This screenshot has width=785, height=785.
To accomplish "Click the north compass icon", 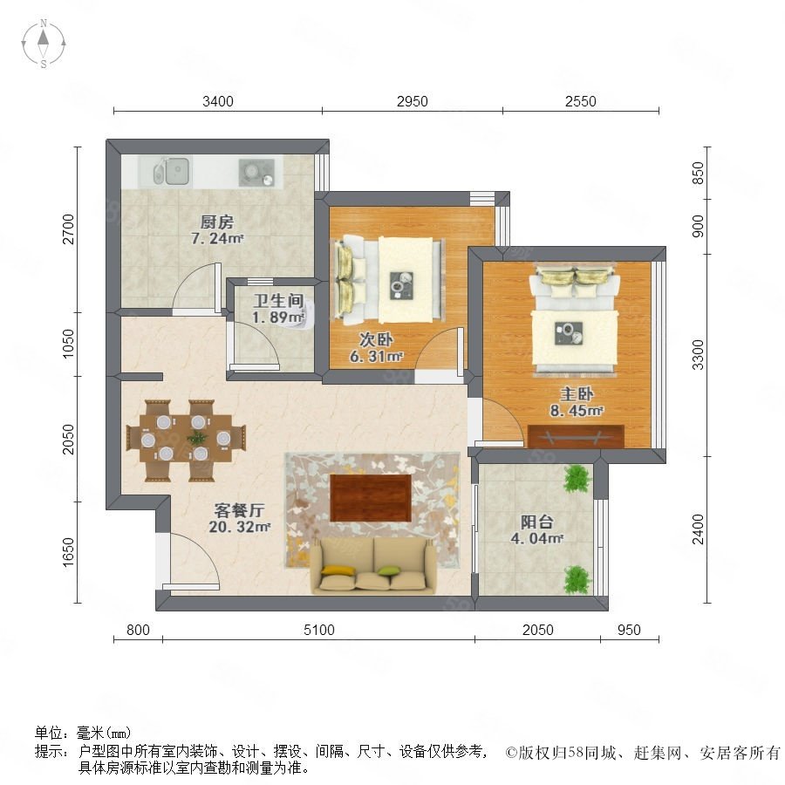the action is (44, 44).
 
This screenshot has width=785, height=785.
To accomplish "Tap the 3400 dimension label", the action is (218, 102).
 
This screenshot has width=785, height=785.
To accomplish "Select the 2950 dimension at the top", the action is (412, 102).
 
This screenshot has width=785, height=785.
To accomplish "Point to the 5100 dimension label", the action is (319, 630).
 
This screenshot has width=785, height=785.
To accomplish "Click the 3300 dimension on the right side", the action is (698, 354).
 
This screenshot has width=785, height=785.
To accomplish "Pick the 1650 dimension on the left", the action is (68, 552).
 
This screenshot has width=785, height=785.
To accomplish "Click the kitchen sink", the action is (172, 171).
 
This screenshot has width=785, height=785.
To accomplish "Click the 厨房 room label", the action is (217, 222).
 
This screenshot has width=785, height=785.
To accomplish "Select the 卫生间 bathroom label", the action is (279, 300).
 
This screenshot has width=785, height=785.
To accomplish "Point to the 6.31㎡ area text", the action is (376, 357).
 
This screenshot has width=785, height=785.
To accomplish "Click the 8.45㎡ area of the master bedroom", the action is (577, 411).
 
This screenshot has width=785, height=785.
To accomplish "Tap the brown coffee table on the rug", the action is (371, 498).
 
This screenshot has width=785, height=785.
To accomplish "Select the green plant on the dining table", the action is (197, 438).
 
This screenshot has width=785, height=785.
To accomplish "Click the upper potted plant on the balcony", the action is (577, 479).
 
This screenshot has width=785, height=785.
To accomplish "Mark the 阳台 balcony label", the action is (537, 522).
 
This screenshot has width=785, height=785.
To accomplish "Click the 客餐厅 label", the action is (239, 510).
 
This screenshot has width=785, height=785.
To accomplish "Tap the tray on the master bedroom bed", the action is (569, 333).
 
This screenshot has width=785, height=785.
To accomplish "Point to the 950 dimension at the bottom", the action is (629, 630).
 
